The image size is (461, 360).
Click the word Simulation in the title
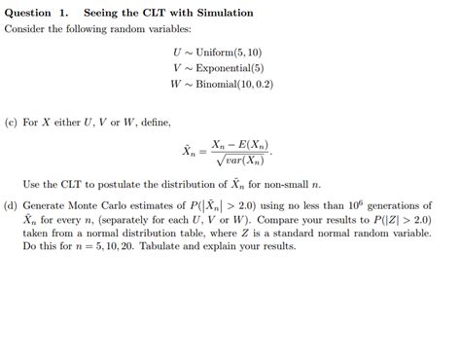221,14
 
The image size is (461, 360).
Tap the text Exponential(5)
229,68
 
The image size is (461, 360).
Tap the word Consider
26,30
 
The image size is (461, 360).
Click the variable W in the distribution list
175,85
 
